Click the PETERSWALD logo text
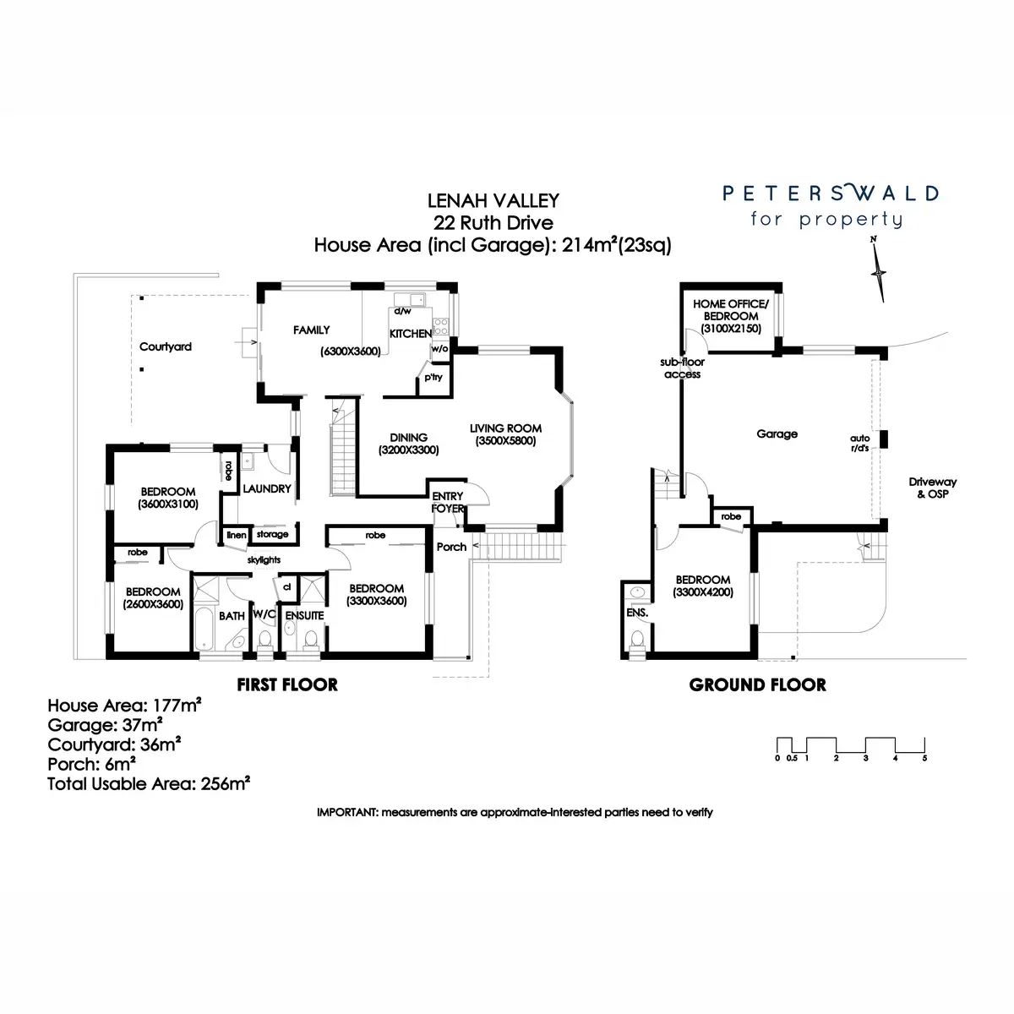(829, 194)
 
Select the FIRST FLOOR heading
(288, 684)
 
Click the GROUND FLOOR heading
(757, 684)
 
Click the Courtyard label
(166, 346)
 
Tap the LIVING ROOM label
(505, 428)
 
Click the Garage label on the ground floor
(777, 433)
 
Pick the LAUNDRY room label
(266, 488)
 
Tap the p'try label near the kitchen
(433, 377)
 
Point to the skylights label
(264, 559)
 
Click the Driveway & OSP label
(932, 488)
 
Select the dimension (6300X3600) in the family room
(350, 352)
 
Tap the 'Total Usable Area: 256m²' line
(149, 783)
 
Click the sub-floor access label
(683, 368)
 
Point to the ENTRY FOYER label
(447, 502)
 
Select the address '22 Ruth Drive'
(493, 223)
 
